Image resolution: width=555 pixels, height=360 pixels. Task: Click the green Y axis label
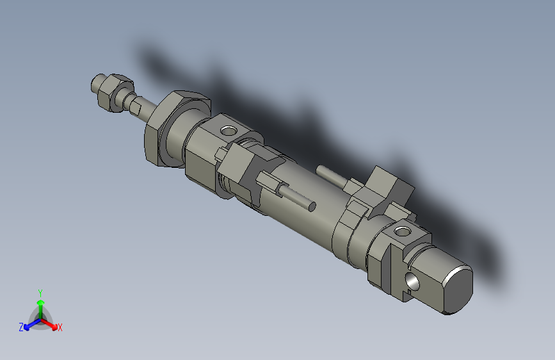pyautogui.click(x=40, y=292)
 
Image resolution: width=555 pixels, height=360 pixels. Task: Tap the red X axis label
pyautogui.click(x=60, y=328)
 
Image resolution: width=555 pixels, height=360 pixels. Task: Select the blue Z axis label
pyautogui.click(x=20, y=327)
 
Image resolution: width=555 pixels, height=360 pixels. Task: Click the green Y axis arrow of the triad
pyautogui.click(x=40, y=304)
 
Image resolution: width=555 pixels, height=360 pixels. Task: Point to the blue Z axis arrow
pyautogui.click(x=29, y=324)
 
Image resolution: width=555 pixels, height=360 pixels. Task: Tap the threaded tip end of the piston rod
pyautogui.click(x=97, y=83)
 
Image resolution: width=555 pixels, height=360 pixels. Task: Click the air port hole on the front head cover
pyautogui.click(x=228, y=132)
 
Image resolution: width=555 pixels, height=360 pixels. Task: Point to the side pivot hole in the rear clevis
pyautogui.click(x=412, y=280)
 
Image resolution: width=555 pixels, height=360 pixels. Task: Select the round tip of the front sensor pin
pyautogui.click(x=312, y=206)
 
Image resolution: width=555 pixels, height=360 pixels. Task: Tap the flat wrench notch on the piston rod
pyautogui.click(x=134, y=104)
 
